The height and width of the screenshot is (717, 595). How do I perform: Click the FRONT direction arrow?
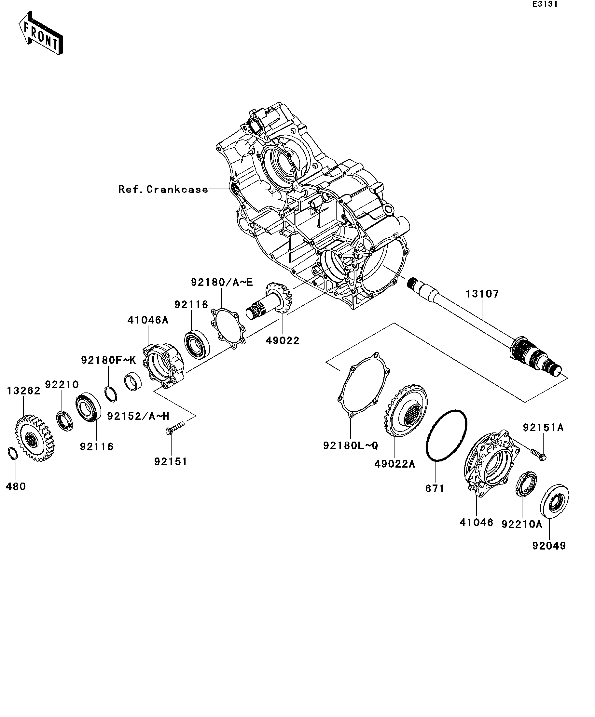pyautogui.click(x=41, y=33)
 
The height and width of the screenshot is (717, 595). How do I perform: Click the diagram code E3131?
pyautogui.click(x=545, y=5)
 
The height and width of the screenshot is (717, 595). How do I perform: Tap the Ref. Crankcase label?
pyautogui.click(x=163, y=190)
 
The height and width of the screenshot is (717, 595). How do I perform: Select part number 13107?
pyautogui.click(x=482, y=294)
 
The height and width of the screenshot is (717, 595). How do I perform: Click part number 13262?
pyautogui.click(x=23, y=391)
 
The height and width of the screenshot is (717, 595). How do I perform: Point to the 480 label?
pyautogui.click(x=16, y=486)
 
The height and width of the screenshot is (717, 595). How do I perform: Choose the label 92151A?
pyautogui.click(x=543, y=428)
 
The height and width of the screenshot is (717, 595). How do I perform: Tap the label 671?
pyautogui.click(x=435, y=489)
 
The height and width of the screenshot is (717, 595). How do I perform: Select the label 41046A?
pyautogui.click(x=148, y=320)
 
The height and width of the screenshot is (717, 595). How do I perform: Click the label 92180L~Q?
pyautogui.click(x=351, y=445)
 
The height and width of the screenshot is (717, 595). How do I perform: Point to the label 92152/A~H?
pyautogui.click(x=138, y=416)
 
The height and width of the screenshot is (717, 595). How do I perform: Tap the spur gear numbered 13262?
pyautogui.click(x=35, y=438)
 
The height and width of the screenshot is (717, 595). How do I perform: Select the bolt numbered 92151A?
pyautogui.click(x=538, y=454)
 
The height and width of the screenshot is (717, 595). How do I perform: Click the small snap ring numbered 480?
pyautogui.click(x=12, y=453)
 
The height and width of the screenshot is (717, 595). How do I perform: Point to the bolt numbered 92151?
pyautogui.click(x=175, y=428)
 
